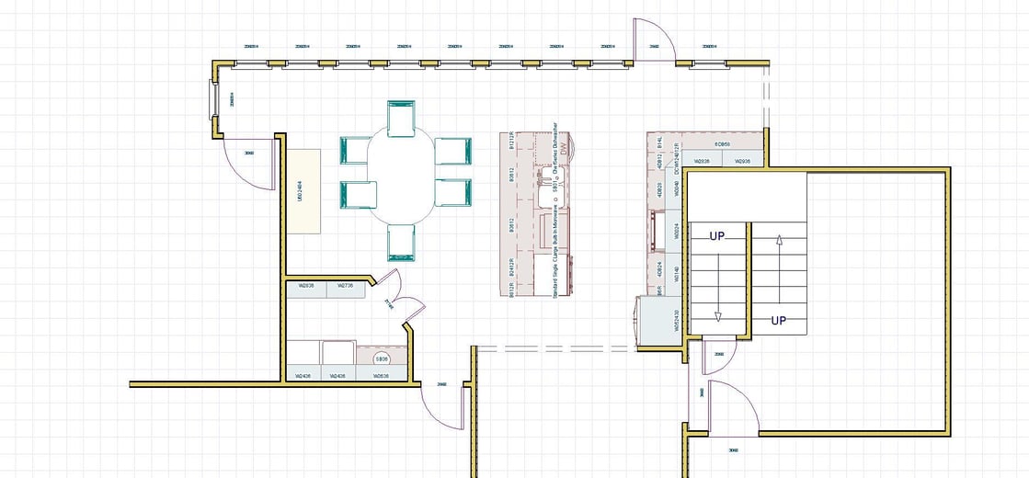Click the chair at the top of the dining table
pyautogui.click(x=402, y=119)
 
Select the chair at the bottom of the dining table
pyautogui.click(x=402, y=244)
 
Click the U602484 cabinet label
pyautogui.click(x=302, y=191)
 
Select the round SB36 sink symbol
pyautogui.click(x=382, y=359)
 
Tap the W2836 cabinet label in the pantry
pyautogui.click(x=306, y=287)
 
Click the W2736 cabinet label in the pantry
pyautogui.click(x=346, y=287)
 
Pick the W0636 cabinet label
pyautogui.click(x=382, y=376)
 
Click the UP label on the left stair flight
pyautogui.click(x=718, y=236)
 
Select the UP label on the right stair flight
pyautogui.click(x=778, y=321)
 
